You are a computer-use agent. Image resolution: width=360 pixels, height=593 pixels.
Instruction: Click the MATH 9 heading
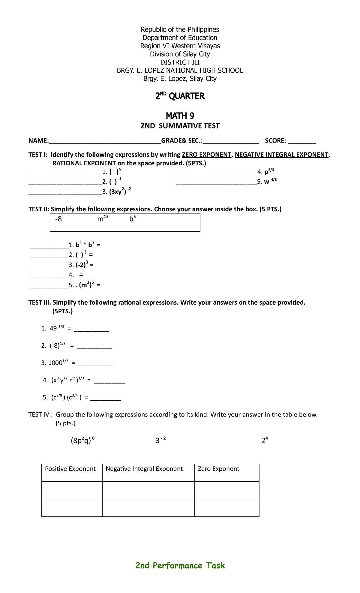click(180, 116)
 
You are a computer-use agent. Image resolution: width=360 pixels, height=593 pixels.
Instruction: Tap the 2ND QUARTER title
click(180, 96)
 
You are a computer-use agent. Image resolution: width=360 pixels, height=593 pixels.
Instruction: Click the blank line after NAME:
click(105, 141)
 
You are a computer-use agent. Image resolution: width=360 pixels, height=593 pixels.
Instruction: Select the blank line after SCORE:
click(303, 141)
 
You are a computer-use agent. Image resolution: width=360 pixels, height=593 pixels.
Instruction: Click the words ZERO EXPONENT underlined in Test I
click(207, 155)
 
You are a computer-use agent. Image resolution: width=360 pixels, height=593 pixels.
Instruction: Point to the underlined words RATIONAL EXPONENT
click(84, 163)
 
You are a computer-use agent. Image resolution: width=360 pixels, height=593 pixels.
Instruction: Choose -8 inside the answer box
click(58, 219)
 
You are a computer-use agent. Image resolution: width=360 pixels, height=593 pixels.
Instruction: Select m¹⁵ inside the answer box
click(103, 219)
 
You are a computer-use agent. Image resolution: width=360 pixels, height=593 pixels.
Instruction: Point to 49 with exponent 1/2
click(57, 328)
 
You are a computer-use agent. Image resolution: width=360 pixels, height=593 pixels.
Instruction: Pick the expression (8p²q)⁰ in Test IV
click(82, 441)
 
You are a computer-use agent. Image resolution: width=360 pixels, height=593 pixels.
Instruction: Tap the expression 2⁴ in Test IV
click(265, 441)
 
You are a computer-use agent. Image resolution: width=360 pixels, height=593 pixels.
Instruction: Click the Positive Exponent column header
click(70, 469)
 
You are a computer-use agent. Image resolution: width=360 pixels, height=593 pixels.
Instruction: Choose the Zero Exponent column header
click(218, 469)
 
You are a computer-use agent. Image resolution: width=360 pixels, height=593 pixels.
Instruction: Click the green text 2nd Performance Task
click(180, 566)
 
